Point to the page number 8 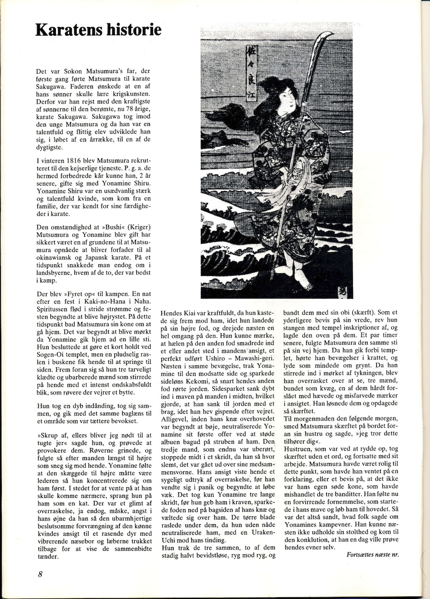point(39,575)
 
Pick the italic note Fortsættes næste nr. point(372,554)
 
